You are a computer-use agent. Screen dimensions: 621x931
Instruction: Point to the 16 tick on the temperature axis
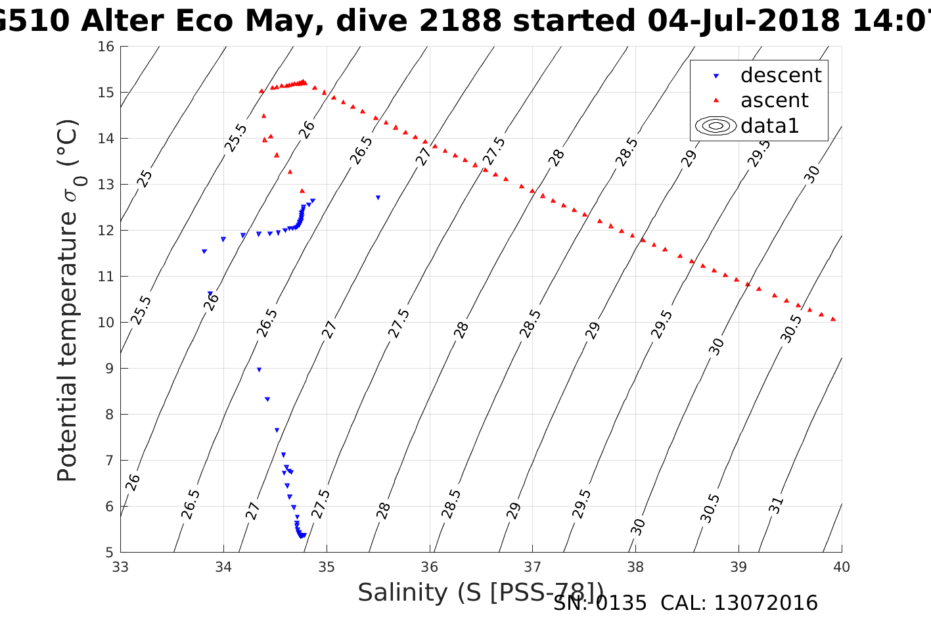coord(106,47)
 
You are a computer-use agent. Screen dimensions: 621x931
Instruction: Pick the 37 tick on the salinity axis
coord(532,566)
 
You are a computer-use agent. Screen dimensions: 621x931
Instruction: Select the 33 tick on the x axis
coord(121,566)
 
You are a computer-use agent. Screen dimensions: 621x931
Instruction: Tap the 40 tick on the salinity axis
coord(841,566)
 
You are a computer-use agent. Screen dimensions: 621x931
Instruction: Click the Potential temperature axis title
coord(68,300)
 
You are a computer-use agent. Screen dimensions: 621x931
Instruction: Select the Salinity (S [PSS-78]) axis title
coord(480,592)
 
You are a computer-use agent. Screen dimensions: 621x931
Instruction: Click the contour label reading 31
coord(776,505)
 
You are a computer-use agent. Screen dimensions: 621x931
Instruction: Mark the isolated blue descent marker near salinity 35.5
coord(378,197)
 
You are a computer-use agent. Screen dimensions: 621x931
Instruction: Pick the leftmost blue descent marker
coord(204,251)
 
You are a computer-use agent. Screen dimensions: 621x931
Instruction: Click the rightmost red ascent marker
coord(833,319)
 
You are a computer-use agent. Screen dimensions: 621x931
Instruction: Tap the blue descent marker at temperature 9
coord(259,369)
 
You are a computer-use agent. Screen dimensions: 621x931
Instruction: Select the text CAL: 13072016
coord(739,603)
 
